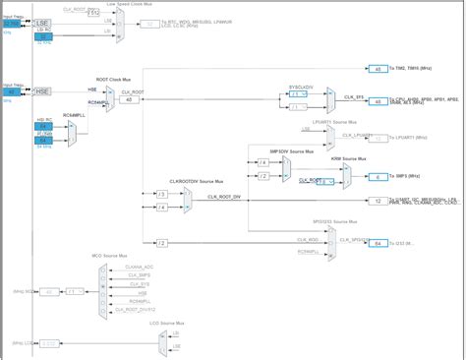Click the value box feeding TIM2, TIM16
(x=379, y=69)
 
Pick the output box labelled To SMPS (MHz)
(x=379, y=176)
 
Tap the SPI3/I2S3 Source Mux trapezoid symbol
(x=329, y=235)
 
